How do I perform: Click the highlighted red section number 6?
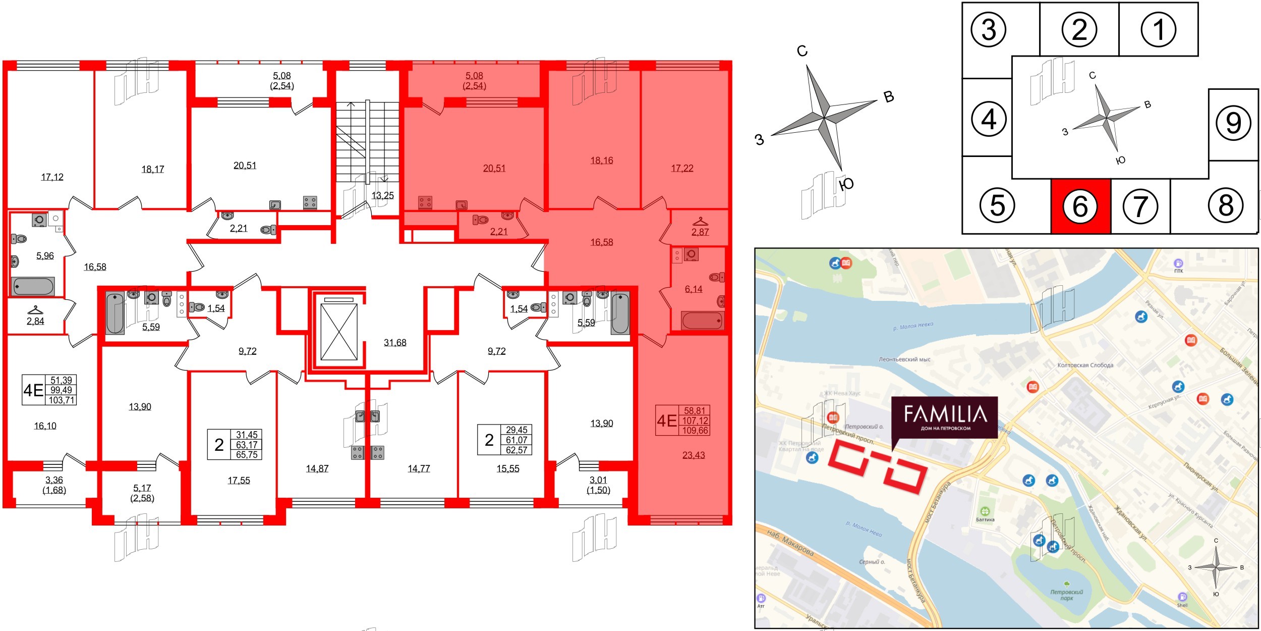tap(1080, 206)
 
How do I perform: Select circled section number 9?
tap(1233, 123)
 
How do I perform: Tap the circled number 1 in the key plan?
tap(1158, 29)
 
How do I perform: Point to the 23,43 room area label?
tap(694, 455)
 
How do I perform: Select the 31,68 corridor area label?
tap(395, 343)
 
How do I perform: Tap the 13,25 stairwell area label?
tap(382, 196)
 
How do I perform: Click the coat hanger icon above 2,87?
tap(700, 222)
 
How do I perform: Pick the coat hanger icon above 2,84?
tap(35, 310)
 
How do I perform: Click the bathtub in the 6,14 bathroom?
tap(702, 321)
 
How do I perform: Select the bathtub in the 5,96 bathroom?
tap(33, 286)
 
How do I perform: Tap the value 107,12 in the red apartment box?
tap(695, 420)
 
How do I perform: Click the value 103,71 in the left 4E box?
tap(62, 400)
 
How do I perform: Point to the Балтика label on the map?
tap(985, 519)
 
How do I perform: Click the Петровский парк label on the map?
tap(1066, 595)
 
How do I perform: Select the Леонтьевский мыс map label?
tap(904, 359)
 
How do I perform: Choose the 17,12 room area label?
tap(52, 177)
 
